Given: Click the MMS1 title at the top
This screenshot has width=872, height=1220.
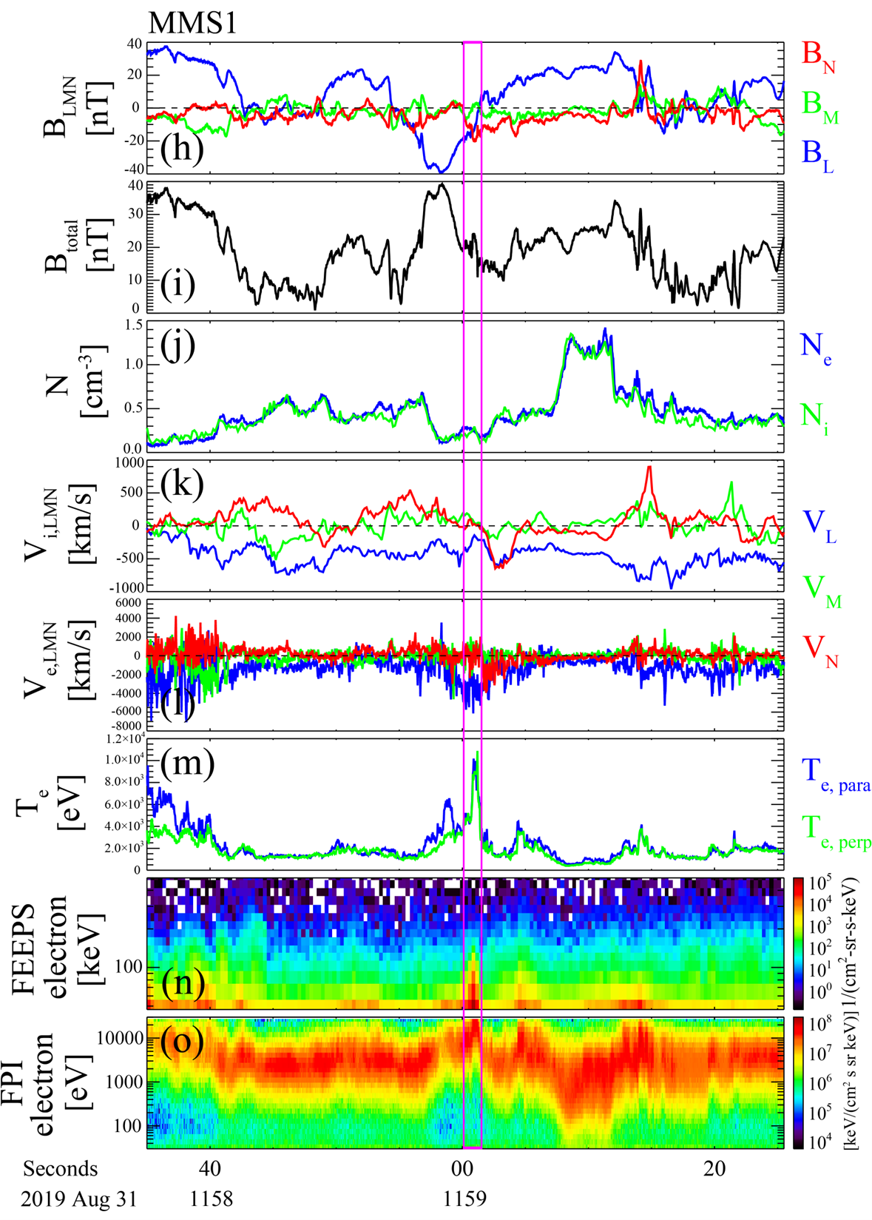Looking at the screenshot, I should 193,23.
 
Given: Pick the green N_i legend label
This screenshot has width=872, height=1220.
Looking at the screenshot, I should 814,419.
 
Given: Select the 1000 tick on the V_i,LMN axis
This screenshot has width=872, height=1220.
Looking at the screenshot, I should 126,463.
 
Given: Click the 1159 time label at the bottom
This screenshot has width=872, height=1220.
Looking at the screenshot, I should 464,1199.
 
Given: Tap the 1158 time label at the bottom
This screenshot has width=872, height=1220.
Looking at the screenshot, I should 212,1199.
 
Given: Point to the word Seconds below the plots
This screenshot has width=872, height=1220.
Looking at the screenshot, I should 61,1169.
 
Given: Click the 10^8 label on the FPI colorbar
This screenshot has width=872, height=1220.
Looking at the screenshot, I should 824,1025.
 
